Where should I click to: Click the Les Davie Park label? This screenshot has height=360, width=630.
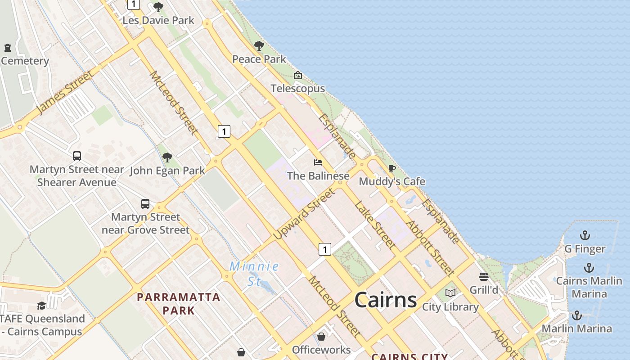pyautogui.click(x=158, y=20)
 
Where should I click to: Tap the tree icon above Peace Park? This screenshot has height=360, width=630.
pyautogui.click(x=259, y=45)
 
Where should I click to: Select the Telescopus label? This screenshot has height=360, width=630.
pyautogui.click(x=297, y=89)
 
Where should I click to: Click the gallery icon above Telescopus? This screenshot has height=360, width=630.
pyautogui.click(x=297, y=75)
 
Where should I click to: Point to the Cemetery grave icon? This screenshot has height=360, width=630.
pyautogui.click(x=8, y=47)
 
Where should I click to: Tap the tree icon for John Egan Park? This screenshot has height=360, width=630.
pyautogui.click(x=167, y=157)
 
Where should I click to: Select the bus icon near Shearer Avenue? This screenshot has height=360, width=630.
pyautogui.click(x=77, y=156)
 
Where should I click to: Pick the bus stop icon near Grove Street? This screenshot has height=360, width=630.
pyautogui.click(x=145, y=203)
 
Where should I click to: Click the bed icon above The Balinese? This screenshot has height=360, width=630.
pyautogui.click(x=318, y=162)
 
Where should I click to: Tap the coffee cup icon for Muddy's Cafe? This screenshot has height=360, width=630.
pyautogui.click(x=392, y=168)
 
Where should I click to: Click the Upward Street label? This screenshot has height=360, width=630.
pyautogui.click(x=304, y=213)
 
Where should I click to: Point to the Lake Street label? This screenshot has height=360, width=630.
pyautogui.click(x=375, y=225)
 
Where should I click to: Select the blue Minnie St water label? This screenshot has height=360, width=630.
pyautogui.click(x=254, y=273)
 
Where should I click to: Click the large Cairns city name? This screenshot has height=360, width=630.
pyautogui.click(x=386, y=299)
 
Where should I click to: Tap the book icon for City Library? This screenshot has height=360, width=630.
pyautogui.click(x=450, y=293)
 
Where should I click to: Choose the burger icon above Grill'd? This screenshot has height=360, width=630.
pyautogui.click(x=484, y=276)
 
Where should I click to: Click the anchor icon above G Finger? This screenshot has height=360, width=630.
pyautogui.click(x=585, y=235)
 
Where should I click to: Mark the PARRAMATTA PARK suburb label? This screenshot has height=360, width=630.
pyautogui.click(x=179, y=304)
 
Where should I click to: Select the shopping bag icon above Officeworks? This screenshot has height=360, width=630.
pyautogui.click(x=321, y=337)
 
